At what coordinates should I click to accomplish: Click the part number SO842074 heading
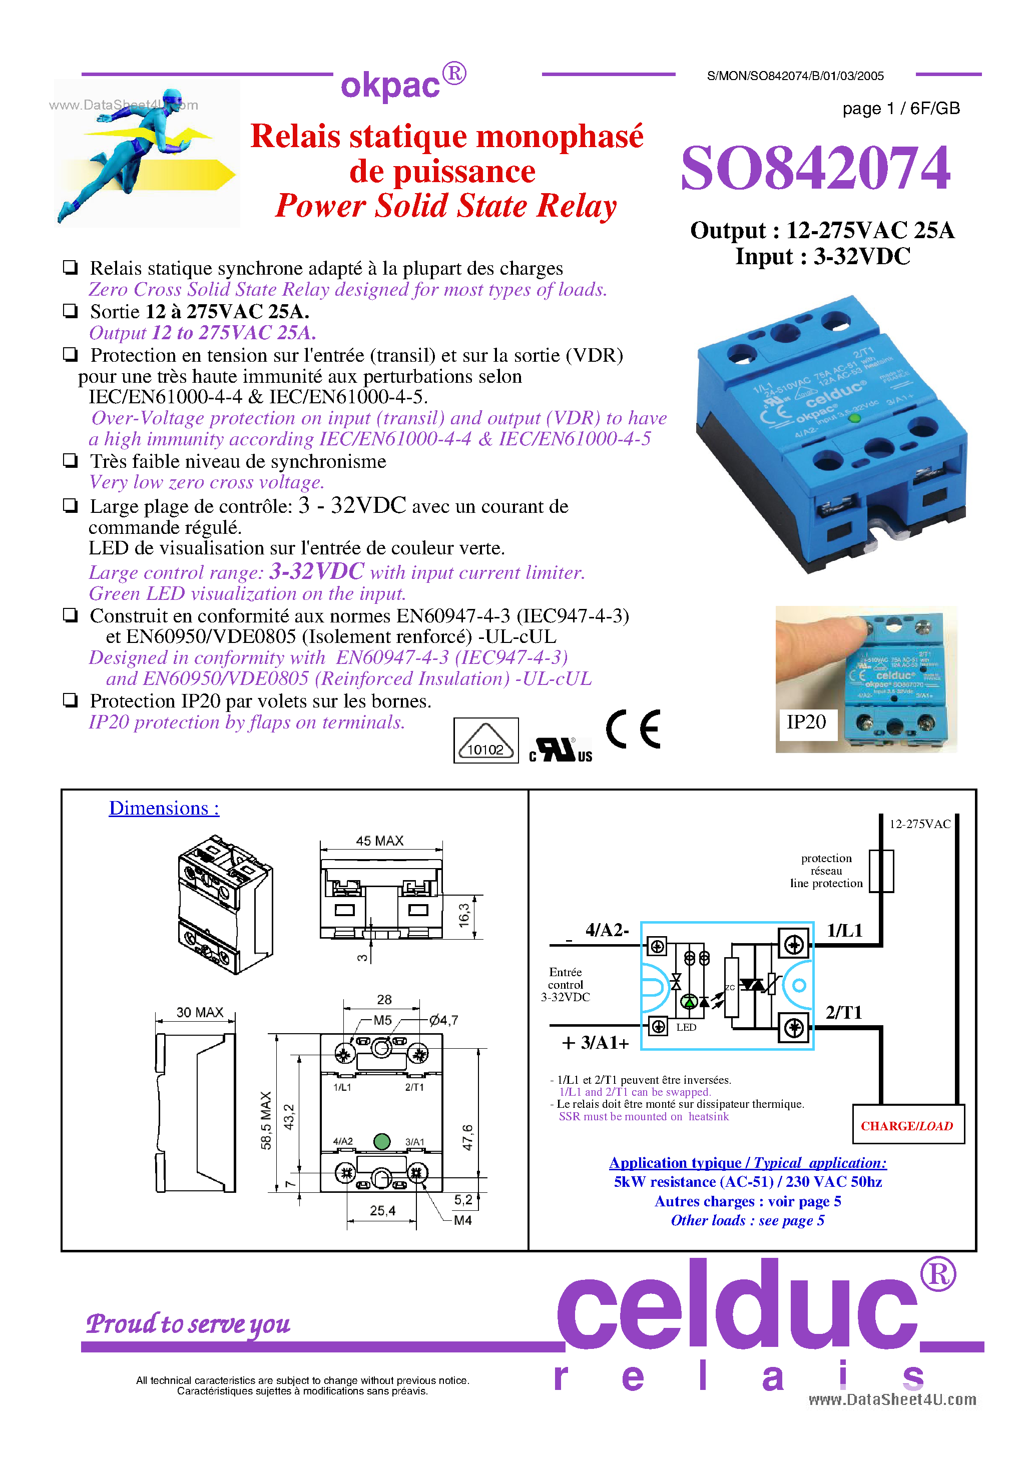[815, 168]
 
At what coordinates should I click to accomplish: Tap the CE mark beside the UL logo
[633, 729]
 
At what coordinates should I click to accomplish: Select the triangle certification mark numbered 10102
[486, 741]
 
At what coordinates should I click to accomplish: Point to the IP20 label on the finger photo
[806, 722]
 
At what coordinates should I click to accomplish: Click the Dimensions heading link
[164, 808]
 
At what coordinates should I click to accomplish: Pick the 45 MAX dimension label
[379, 841]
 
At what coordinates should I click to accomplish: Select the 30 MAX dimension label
[200, 1012]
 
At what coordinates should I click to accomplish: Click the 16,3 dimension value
[463, 916]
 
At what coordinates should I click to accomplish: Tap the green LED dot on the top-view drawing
[381, 1141]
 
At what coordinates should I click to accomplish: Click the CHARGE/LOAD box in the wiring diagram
[907, 1126]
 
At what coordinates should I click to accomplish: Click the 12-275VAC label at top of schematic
[919, 824]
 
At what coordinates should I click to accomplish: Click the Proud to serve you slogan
[188, 1323]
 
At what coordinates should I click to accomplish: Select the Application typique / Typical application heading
[747, 1163]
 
